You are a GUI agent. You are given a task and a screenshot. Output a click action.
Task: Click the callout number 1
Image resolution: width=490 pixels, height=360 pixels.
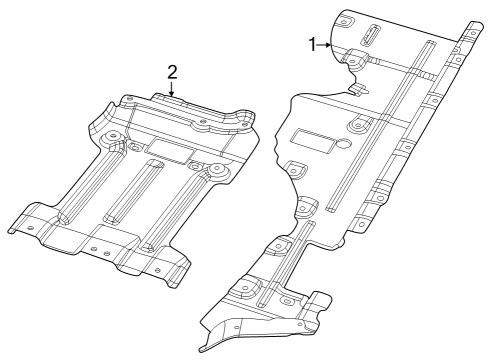click(x=313, y=44)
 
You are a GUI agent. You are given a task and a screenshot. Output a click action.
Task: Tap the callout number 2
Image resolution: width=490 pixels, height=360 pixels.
click(x=172, y=72)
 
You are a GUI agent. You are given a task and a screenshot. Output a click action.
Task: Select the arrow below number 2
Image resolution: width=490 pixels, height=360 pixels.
click(x=172, y=90)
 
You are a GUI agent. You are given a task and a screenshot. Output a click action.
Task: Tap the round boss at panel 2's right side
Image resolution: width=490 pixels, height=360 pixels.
click(x=213, y=174)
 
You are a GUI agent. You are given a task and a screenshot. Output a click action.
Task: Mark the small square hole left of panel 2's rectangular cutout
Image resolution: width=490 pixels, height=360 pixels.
click(x=135, y=147)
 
